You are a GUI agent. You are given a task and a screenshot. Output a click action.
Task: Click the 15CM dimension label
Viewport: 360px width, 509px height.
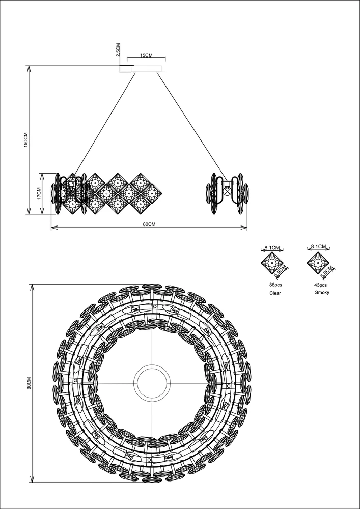pyautogui.click(x=146, y=55)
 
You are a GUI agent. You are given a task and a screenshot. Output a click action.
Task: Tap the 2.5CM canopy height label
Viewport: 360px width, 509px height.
pyautogui.click(x=118, y=50)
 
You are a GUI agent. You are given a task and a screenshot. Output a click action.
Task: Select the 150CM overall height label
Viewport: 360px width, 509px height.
pyautogui.click(x=26, y=139)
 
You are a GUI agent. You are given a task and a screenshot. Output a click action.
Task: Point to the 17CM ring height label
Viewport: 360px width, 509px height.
pyautogui.click(x=39, y=193)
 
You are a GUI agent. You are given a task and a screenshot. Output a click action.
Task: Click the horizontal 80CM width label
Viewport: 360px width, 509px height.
pyautogui.click(x=149, y=224)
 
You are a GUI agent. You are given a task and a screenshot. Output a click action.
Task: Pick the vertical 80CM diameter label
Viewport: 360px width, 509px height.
pyautogui.click(x=29, y=383)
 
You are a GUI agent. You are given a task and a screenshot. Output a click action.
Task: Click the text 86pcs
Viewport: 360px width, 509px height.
pyautogui.click(x=275, y=285)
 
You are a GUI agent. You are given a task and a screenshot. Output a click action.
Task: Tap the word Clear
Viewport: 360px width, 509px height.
pyautogui.click(x=275, y=293)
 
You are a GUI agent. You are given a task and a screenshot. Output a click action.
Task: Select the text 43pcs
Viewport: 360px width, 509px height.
pyautogui.click(x=321, y=285)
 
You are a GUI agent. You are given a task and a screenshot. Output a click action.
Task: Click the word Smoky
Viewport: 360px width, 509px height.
pyautogui.click(x=322, y=293)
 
